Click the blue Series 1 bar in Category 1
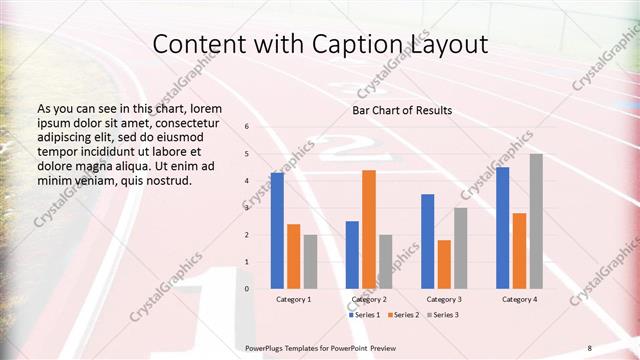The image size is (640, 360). pyautogui.click(x=277, y=231)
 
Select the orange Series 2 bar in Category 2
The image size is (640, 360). pyautogui.click(x=369, y=229)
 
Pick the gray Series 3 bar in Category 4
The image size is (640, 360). pyautogui.click(x=536, y=221)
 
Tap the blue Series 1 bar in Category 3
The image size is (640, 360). pyautogui.click(x=427, y=241)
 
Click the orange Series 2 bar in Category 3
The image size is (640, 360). pyautogui.click(x=444, y=264)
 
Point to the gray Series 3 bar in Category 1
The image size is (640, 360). pyautogui.click(x=310, y=262)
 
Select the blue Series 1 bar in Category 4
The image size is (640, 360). pyautogui.click(x=502, y=228)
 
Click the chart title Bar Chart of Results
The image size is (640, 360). pyautogui.click(x=403, y=110)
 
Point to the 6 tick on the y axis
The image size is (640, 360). pyautogui.click(x=247, y=127)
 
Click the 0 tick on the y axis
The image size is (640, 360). pyautogui.click(x=247, y=289)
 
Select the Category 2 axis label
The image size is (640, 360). pyautogui.click(x=369, y=300)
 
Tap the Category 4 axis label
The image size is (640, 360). pyautogui.click(x=519, y=300)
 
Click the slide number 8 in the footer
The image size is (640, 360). pyautogui.click(x=590, y=347)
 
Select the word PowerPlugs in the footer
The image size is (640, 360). pyautogui.click(x=267, y=347)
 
